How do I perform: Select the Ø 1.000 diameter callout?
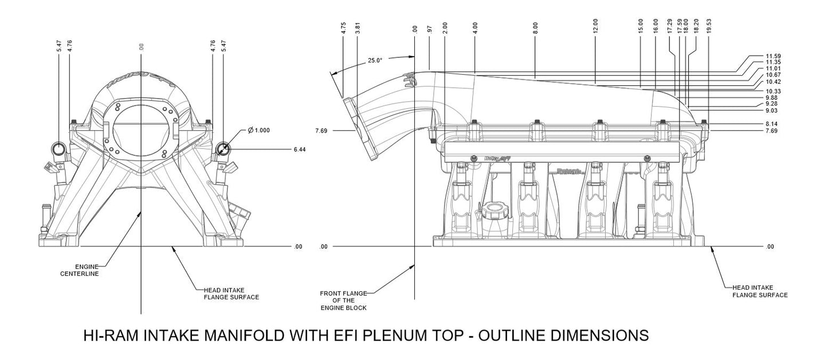258,130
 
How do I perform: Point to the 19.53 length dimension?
709,28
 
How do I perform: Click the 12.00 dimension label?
596,25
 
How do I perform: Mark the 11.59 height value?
773,56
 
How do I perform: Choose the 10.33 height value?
773,91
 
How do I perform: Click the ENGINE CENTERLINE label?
80,271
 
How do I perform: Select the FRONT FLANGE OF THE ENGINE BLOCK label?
344,300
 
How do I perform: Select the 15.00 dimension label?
641,27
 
